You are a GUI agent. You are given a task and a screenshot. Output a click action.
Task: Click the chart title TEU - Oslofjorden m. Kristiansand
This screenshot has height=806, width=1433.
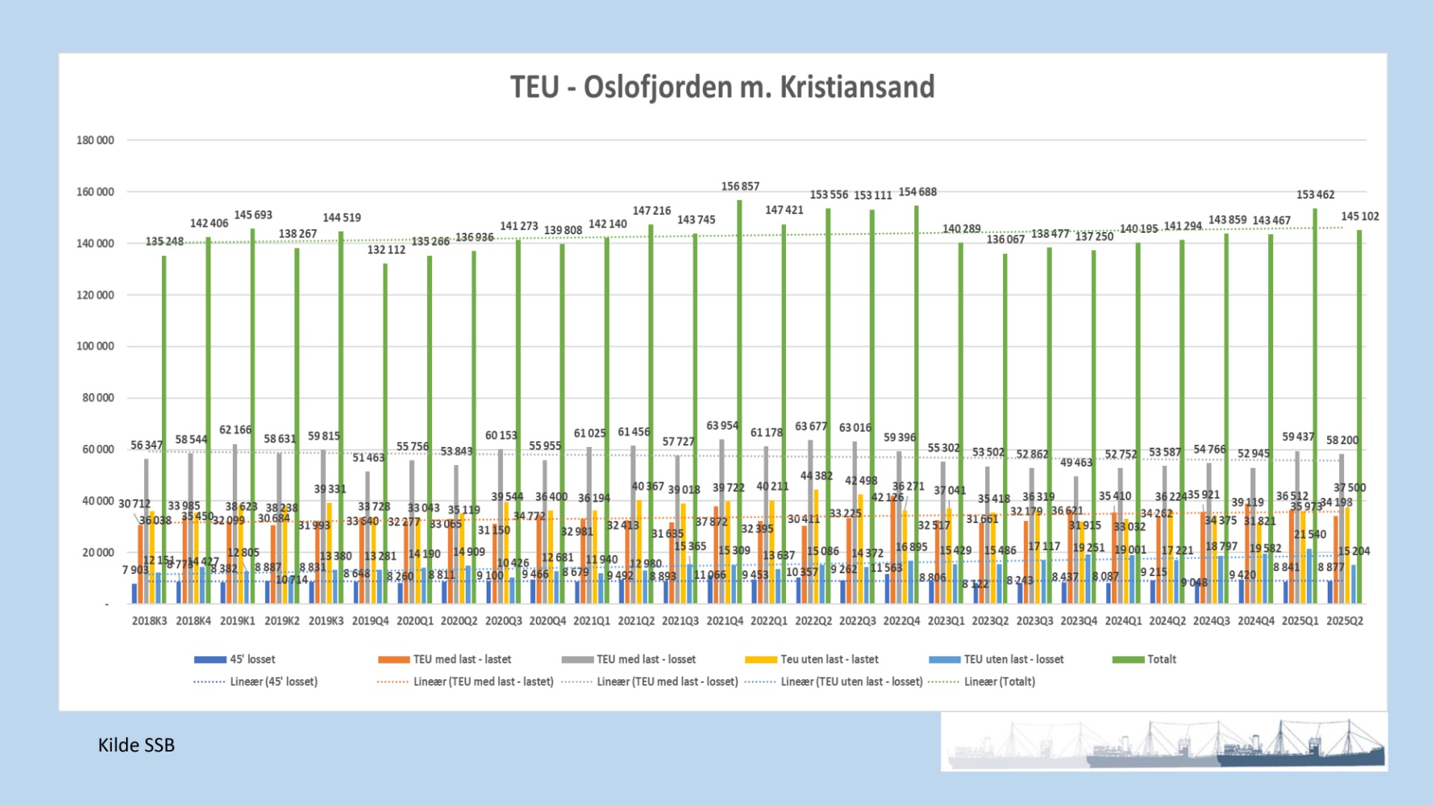(x=722, y=87)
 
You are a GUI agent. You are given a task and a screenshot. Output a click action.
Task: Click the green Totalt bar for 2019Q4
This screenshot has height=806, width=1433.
(x=386, y=433)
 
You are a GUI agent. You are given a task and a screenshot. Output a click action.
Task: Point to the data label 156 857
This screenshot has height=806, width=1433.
(x=740, y=187)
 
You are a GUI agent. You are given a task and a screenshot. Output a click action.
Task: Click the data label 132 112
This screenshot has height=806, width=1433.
(x=386, y=250)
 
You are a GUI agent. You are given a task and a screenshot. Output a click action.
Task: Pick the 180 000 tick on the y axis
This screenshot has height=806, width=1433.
(x=96, y=140)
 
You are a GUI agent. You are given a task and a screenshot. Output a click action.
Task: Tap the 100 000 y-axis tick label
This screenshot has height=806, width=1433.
(x=96, y=346)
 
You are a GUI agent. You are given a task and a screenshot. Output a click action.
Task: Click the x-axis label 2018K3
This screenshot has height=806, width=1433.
(x=149, y=621)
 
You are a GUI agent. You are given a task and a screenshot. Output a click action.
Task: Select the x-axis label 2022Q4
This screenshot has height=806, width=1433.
(x=902, y=621)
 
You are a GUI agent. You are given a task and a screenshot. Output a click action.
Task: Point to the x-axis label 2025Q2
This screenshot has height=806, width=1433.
(x=1344, y=621)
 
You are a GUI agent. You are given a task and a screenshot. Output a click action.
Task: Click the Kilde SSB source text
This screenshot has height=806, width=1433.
(x=136, y=746)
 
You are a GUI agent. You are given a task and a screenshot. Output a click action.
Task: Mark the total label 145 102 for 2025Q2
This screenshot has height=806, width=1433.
(x=1360, y=216)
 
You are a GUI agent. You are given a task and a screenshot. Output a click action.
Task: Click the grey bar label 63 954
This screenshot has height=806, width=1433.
(x=722, y=426)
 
